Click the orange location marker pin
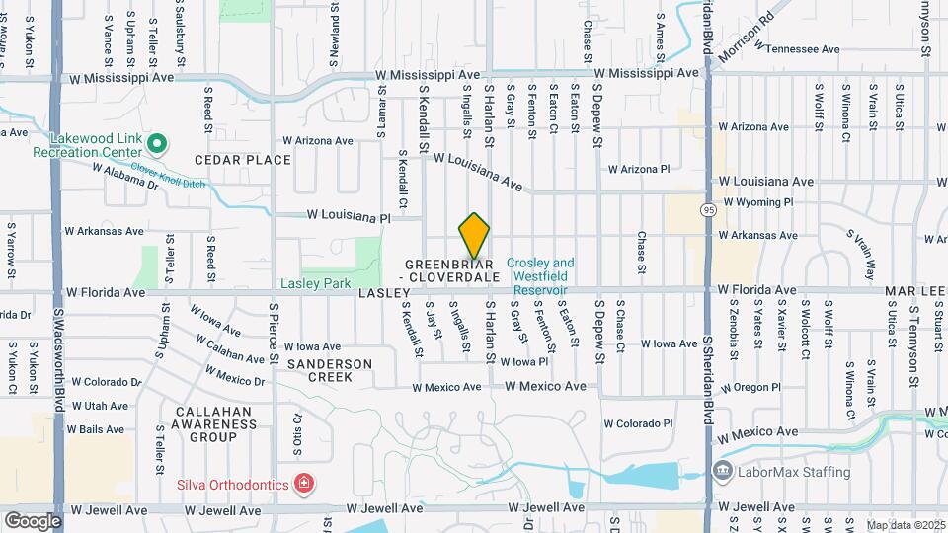(x=475, y=235)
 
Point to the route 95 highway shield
(x=709, y=210)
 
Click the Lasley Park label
(x=315, y=283)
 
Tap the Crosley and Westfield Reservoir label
(x=539, y=276)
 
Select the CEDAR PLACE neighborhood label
(x=243, y=160)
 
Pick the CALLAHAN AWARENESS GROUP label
(x=213, y=423)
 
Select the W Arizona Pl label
(x=638, y=169)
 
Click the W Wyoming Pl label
(x=758, y=202)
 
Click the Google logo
(x=33, y=520)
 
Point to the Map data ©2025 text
(x=905, y=525)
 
